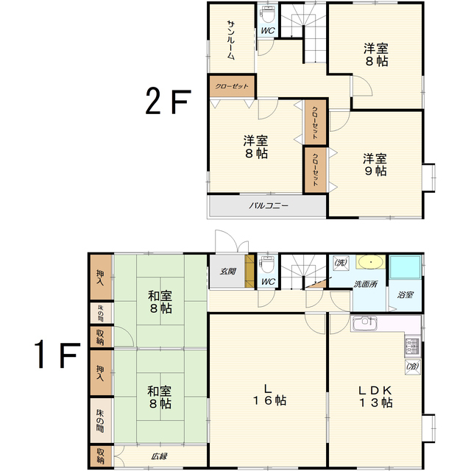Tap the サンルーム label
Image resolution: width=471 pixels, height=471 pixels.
point(230,40)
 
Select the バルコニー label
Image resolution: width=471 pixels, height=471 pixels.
point(268,206)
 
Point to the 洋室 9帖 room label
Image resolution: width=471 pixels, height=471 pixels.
point(375,164)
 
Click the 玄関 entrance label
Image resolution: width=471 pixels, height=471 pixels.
point(227,271)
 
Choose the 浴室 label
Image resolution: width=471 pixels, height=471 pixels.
point(406,294)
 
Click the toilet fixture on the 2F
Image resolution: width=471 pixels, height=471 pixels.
point(268,14)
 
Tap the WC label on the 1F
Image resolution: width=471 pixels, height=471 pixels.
point(268,281)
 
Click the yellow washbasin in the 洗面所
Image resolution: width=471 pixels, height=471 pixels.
point(370,262)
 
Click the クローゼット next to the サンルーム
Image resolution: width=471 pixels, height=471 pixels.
point(232,86)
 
